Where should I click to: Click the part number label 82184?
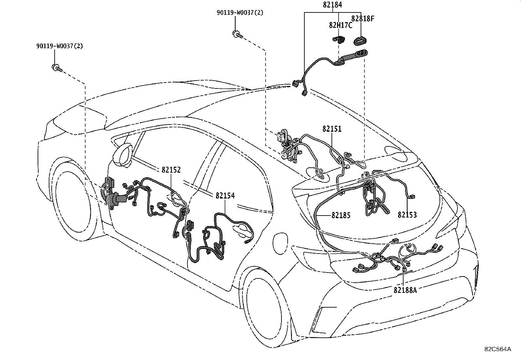(332, 5)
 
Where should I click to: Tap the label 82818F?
(363, 19)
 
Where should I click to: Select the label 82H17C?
(340, 25)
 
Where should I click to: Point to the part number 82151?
(332, 129)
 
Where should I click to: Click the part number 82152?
(171, 170)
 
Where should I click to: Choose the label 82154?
(225, 196)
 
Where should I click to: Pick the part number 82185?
(341, 215)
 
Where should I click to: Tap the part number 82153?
(407, 215)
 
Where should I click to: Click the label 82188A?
(405, 290)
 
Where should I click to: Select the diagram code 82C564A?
(497, 349)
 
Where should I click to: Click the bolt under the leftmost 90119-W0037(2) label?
(57, 68)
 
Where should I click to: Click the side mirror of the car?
(123, 155)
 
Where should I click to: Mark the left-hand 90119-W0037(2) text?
(60, 46)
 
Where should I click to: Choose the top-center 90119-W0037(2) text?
(240, 12)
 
